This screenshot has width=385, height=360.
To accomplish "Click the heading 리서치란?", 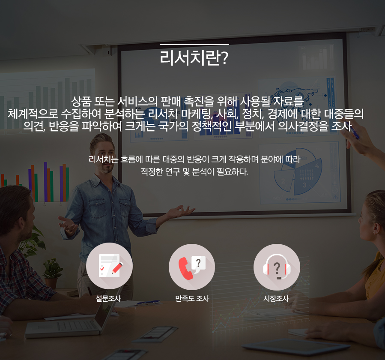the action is point(194,58).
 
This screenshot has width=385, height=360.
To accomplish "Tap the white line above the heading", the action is point(194,44).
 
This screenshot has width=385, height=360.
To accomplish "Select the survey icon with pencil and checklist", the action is point(109,266).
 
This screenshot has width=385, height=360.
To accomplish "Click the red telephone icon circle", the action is point(192,267).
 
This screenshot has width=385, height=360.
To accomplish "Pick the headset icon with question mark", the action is point(277,267).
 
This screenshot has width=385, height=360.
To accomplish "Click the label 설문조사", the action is point(108,298).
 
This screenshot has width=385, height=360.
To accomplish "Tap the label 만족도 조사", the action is point(192,298).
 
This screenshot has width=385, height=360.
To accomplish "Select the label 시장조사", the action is point(276,298).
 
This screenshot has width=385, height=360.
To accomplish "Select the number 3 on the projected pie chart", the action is point(304,185).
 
